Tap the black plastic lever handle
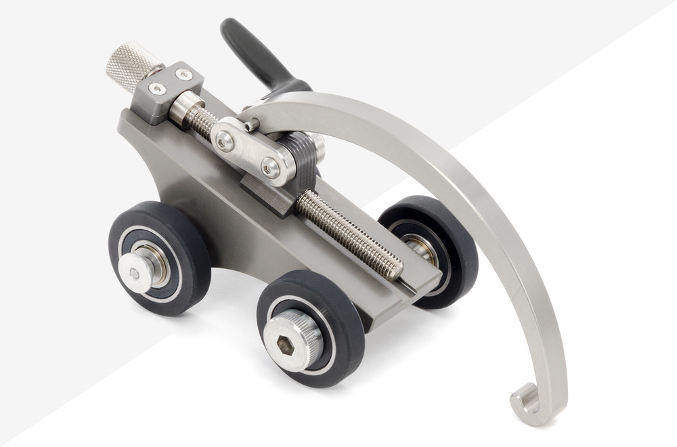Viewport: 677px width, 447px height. click(250, 54)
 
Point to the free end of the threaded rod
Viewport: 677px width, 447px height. click(393, 270)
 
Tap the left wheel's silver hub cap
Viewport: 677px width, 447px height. click(135, 273)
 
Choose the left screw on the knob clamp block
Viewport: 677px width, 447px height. click(157, 89)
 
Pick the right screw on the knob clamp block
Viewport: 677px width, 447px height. click(183, 74)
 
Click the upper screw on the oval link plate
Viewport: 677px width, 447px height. click(225, 142)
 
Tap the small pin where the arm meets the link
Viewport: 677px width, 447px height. click(251, 125)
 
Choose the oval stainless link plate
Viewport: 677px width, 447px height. click(250, 152)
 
